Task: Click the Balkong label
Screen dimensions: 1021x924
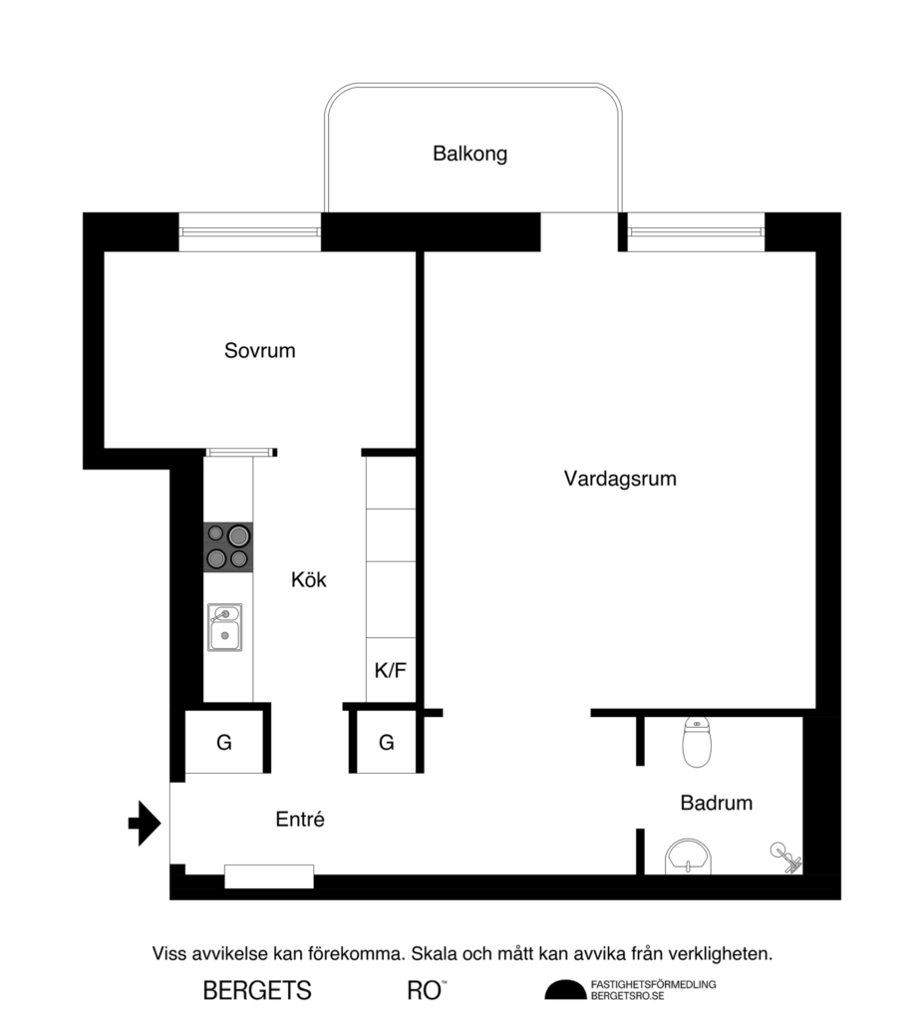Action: (x=469, y=154)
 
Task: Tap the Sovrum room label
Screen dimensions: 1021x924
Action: (x=259, y=351)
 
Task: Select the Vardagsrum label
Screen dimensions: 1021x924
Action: (x=619, y=479)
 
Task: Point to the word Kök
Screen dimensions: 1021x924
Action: (x=308, y=579)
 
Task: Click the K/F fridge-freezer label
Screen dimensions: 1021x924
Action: (x=390, y=670)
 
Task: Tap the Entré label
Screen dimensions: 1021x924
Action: (x=300, y=821)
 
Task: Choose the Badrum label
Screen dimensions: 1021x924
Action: (x=716, y=803)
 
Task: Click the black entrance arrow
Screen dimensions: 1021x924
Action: (x=145, y=824)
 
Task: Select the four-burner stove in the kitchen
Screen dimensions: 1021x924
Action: (x=228, y=547)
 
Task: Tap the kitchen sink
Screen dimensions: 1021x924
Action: (x=225, y=627)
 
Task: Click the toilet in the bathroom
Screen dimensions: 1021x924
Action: (x=698, y=743)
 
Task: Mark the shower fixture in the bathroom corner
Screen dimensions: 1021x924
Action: (x=785, y=857)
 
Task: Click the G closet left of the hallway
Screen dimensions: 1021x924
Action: (x=224, y=742)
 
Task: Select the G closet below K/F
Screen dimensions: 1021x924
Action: (x=386, y=743)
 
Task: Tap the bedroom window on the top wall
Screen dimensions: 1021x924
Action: (x=250, y=232)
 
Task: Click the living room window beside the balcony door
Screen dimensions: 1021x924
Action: (x=696, y=232)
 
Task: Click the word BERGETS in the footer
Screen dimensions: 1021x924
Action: (x=257, y=991)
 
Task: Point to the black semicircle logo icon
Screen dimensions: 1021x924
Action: (x=565, y=990)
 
